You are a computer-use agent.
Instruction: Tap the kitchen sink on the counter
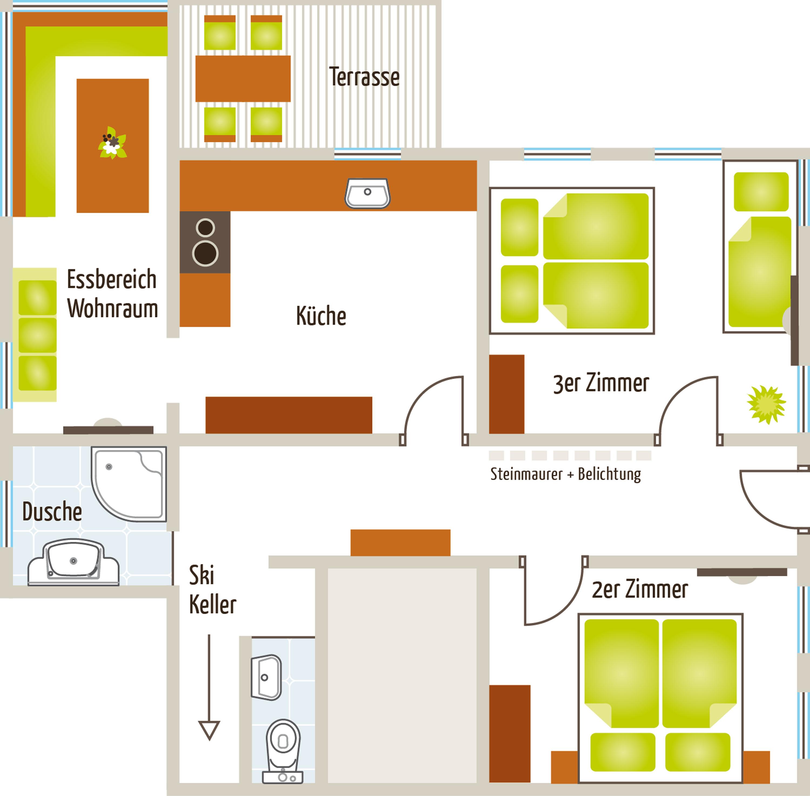point(367,193)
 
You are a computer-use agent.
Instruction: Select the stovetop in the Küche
point(205,242)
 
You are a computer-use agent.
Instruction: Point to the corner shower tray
point(129,484)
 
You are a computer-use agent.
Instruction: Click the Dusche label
point(52,511)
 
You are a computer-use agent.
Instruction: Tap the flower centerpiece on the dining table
point(112,143)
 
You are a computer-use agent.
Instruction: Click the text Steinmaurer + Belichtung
point(565,474)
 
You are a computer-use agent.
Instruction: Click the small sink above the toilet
point(266,677)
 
